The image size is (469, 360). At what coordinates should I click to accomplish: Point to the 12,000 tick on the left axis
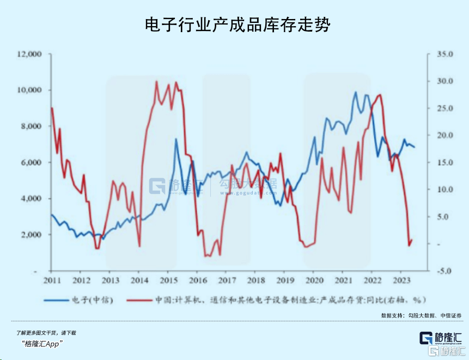click(x=30, y=54)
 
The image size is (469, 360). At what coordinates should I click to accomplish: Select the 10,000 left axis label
click(x=30, y=90)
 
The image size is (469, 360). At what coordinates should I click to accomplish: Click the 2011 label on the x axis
click(x=51, y=280)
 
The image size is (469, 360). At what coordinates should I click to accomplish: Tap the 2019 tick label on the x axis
click(x=284, y=280)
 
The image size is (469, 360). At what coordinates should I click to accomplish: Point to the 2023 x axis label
click(x=401, y=280)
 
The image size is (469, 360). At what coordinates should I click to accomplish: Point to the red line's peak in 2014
click(x=156, y=82)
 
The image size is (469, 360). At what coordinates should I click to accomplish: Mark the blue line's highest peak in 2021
click(x=356, y=92)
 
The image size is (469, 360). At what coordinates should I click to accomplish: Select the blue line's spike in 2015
click(x=176, y=139)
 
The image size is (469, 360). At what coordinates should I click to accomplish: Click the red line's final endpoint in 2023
click(x=412, y=240)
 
